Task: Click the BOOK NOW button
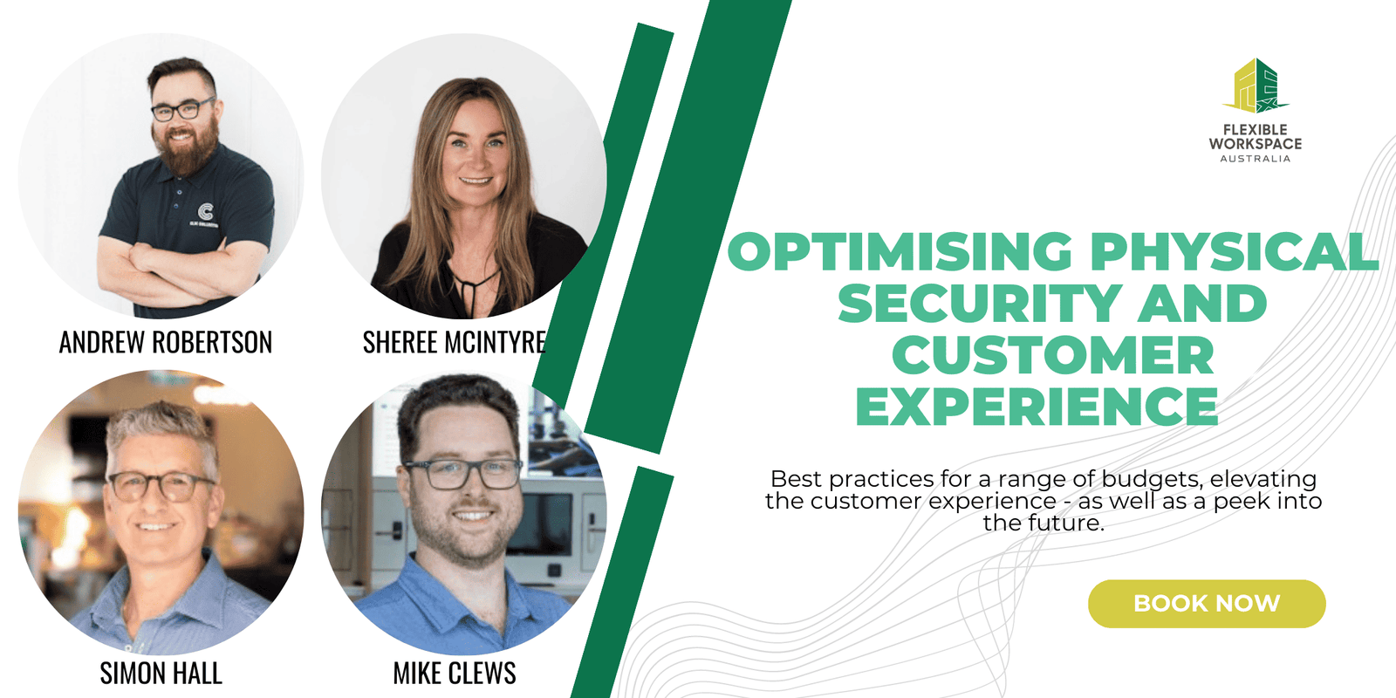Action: (x=1207, y=603)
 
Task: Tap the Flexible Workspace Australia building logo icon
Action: (x=1256, y=86)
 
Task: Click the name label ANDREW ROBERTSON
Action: (x=166, y=342)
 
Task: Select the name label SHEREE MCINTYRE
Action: (x=455, y=342)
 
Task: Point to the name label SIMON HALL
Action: (x=161, y=673)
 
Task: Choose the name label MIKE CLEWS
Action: (x=455, y=673)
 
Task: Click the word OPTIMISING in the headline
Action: (x=900, y=251)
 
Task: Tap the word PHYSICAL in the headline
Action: (x=1234, y=251)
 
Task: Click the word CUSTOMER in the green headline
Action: (x=1052, y=354)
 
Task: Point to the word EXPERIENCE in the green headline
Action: (x=1037, y=406)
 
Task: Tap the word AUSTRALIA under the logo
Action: (x=1256, y=158)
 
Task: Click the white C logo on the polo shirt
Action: (x=205, y=211)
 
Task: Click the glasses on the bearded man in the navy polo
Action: (x=182, y=110)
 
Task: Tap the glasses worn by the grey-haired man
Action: (x=161, y=485)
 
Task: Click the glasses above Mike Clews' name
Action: (x=462, y=475)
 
